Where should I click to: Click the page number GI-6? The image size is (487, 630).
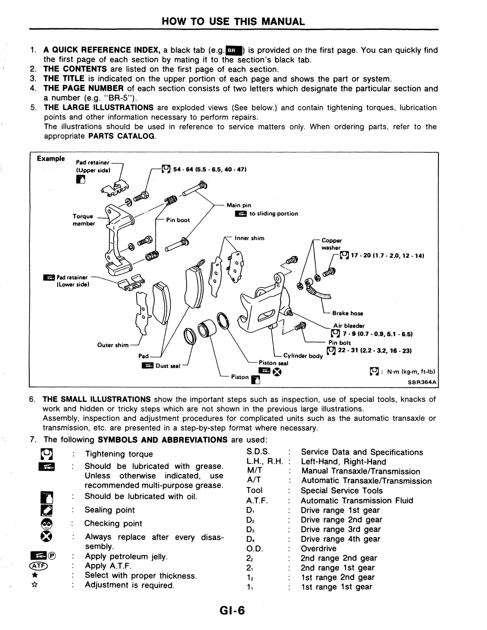(232, 611)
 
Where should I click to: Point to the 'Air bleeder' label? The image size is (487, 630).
(349, 326)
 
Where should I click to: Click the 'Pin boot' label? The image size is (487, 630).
(178, 220)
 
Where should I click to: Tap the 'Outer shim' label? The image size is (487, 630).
(113, 345)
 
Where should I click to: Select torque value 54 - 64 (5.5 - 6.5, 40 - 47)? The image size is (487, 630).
(209, 169)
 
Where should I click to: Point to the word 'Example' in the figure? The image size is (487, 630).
(51, 159)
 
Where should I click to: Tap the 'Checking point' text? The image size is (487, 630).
(113, 524)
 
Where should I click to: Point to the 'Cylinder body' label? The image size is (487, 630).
(303, 356)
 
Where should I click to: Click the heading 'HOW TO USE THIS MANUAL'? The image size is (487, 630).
(233, 22)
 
